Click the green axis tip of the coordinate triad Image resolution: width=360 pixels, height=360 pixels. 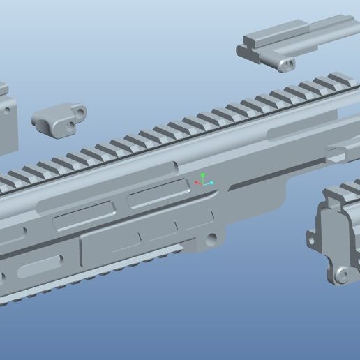pyautogui.click(x=202, y=175)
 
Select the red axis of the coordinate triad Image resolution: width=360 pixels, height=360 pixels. pyautogui.click(x=197, y=183)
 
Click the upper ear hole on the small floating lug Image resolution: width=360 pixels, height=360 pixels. pyautogui.click(x=81, y=110)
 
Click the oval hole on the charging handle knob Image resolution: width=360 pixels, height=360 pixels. pyautogui.click(x=285, y=65)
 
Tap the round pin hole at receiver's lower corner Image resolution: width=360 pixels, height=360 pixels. pyautogui.click(x=211, y=241)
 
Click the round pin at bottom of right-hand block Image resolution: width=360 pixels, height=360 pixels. pyautogui.click(x=341, y=275)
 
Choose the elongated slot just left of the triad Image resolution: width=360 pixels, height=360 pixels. pyautogui.click(x=158, y=194)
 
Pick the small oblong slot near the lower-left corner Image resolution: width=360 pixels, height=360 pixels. pyautogui.click(x=39, y=265)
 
